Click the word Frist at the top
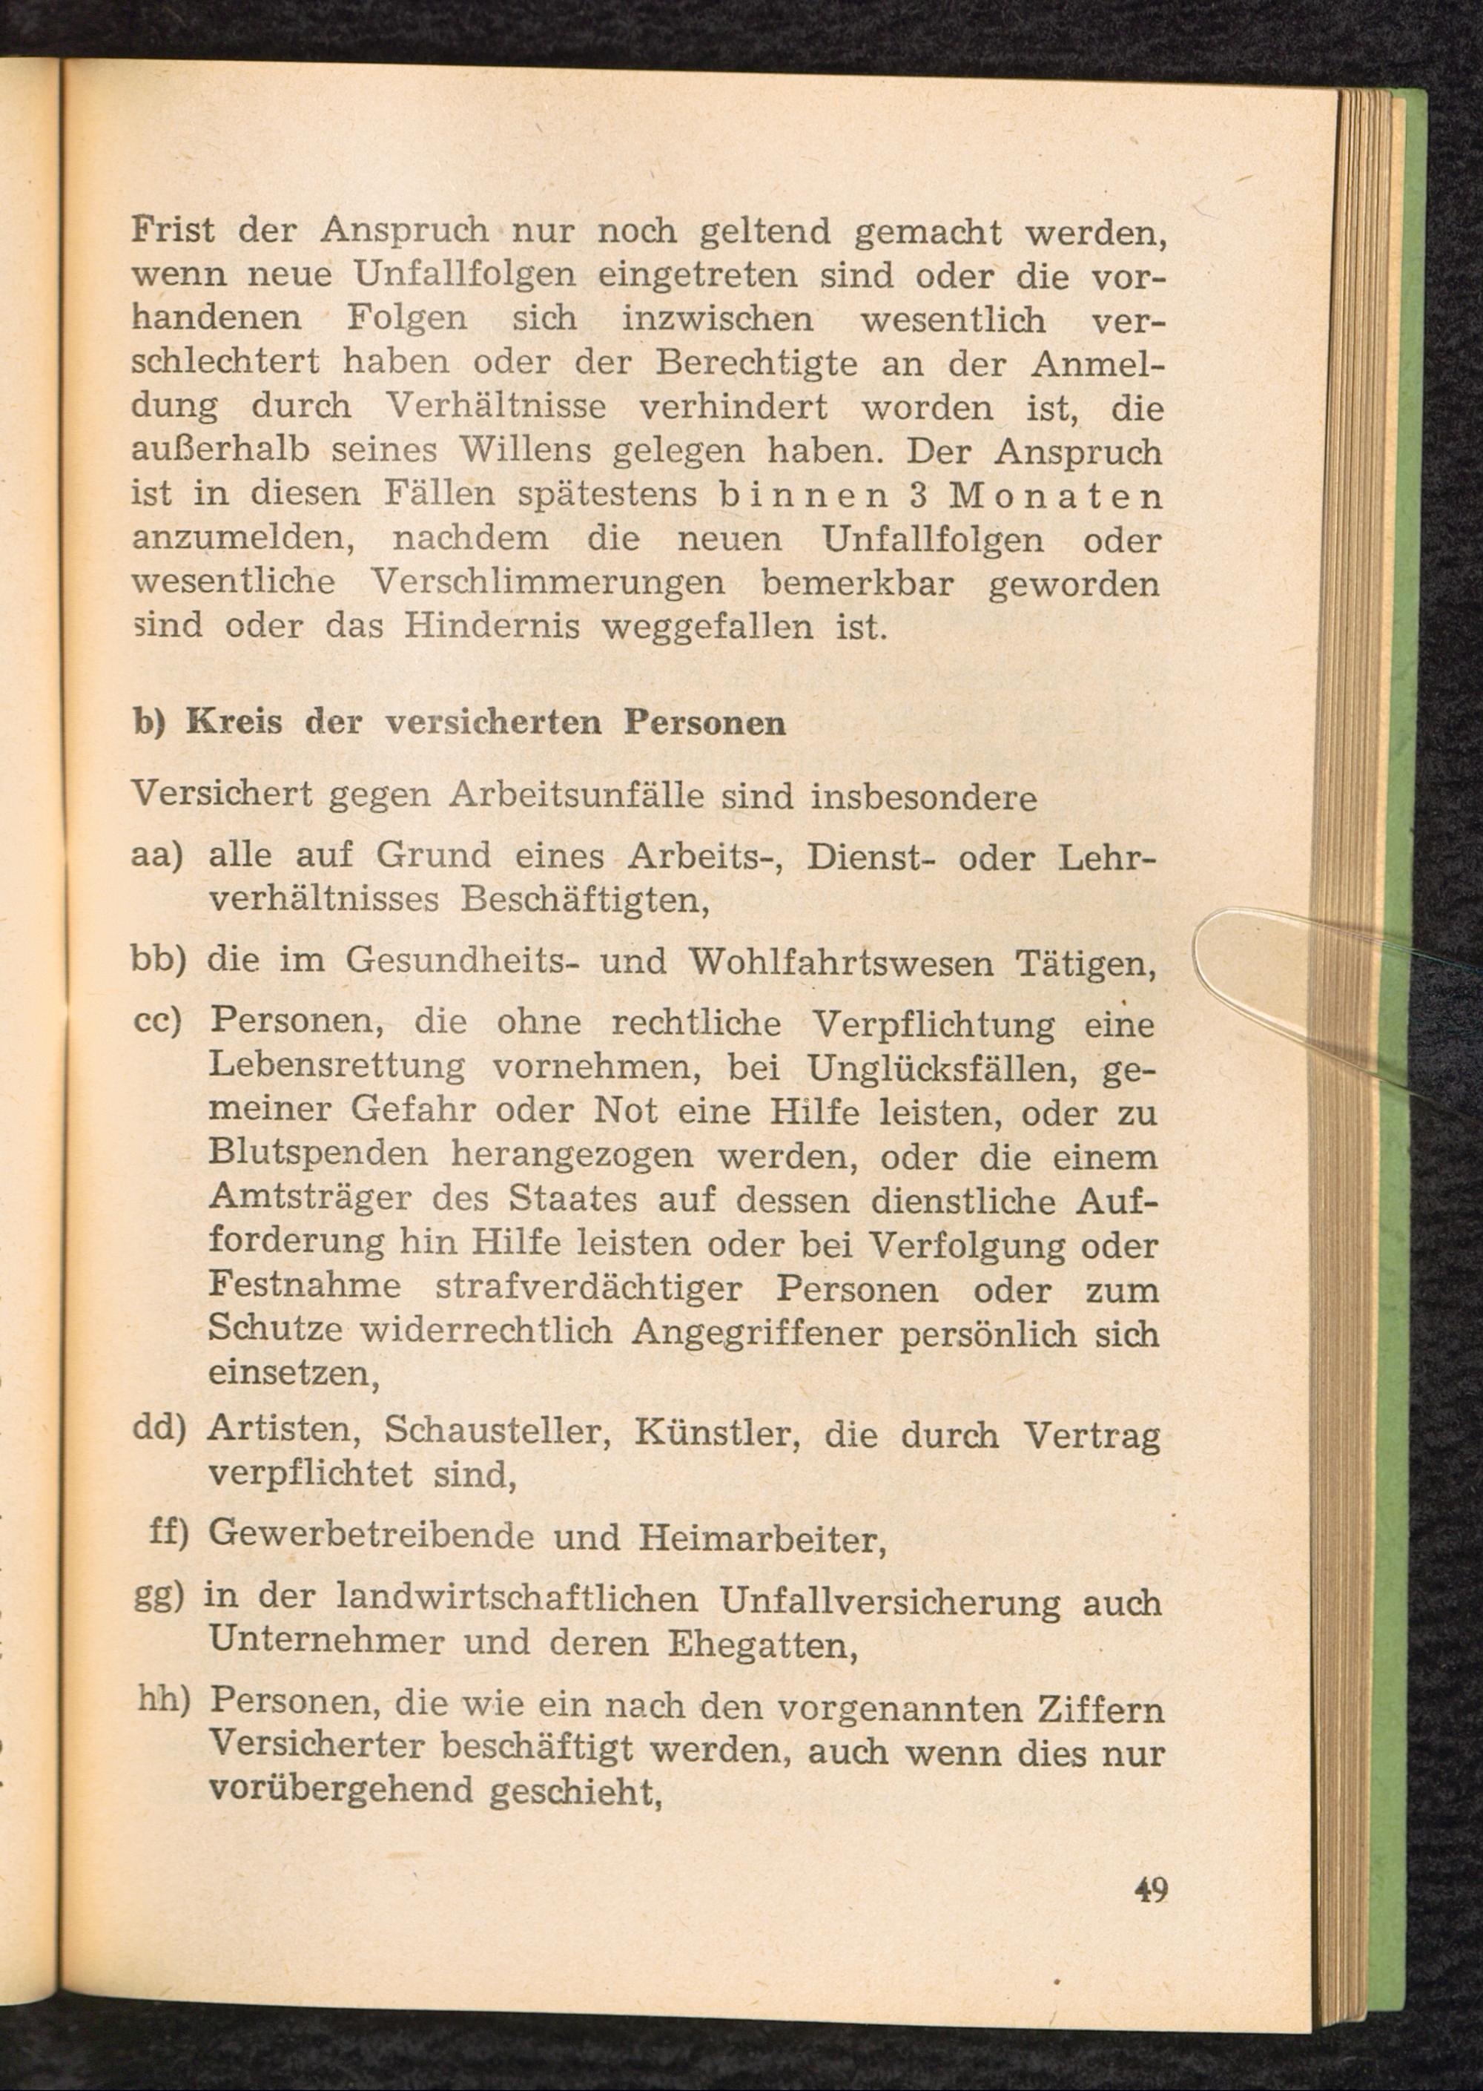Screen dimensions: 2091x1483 point(174,231)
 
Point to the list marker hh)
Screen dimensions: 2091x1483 point(162,1701)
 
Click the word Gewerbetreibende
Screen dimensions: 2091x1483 point(371,1535)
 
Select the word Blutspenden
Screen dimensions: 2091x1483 point(318,1156)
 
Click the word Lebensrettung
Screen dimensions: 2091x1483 point(336,1067)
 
